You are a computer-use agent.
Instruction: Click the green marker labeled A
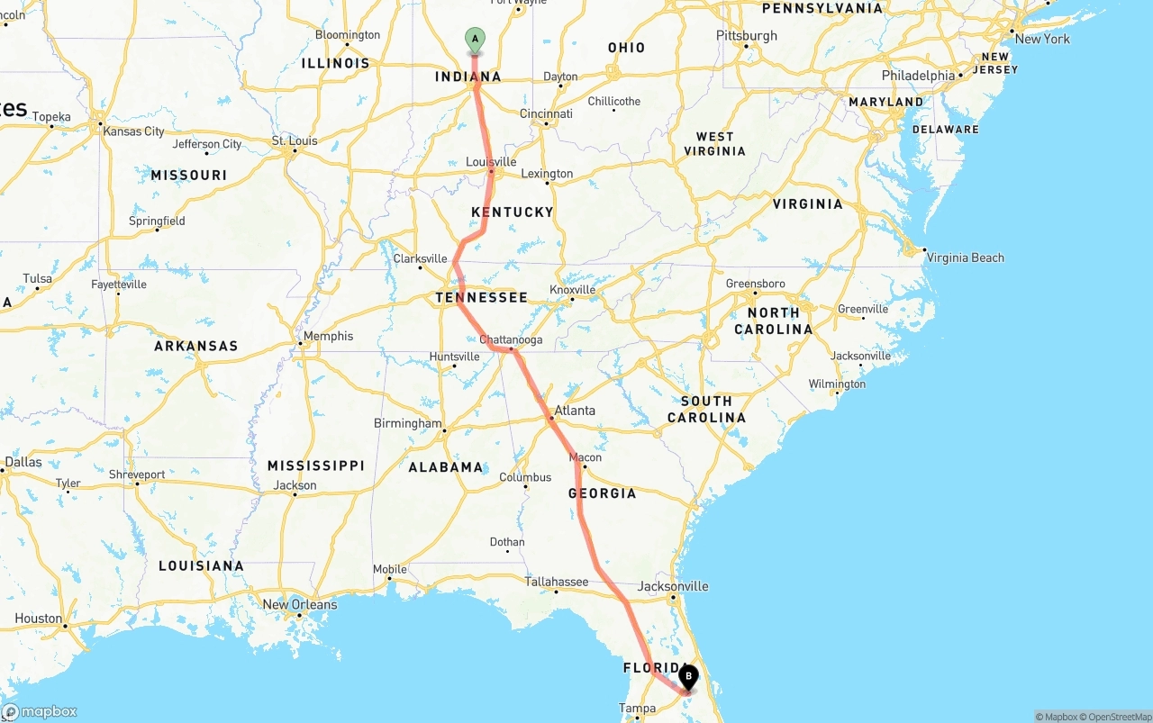[x=475, y=40]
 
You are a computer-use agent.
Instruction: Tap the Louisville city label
[x=491, y=162]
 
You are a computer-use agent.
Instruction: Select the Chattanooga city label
[x=511, y=339]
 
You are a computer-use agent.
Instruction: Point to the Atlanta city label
[x=575, y=411]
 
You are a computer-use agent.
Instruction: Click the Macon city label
[x=586, y=457]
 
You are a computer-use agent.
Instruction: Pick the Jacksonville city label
[x=673, y=586]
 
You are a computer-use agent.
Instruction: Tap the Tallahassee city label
[x=557, y=582]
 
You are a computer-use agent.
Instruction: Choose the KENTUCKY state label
[x=512, y=212]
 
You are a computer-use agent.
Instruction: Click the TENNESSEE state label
[x=481, y=297]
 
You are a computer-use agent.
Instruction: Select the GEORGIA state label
[x=602, y=493]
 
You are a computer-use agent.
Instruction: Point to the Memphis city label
[x=328, y=336]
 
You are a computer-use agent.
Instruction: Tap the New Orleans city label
[x=300, y=604]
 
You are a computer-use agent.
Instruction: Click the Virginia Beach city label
[x=965, y=258]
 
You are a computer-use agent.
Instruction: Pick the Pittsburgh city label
[x=747, y=36]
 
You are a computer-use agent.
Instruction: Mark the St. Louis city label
[x=295, y=140]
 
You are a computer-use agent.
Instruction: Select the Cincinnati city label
[x=546, y=113]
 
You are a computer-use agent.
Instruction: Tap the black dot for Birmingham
[x=444, y=431]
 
